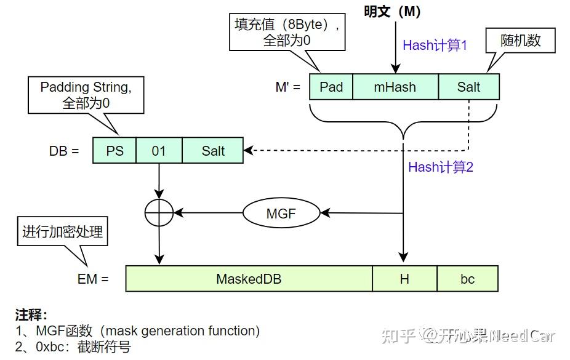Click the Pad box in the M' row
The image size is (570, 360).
tap(331, 87)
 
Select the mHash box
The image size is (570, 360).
tap(395, 87)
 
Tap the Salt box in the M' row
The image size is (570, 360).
tap(468, 87)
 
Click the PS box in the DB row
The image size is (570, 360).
tap(114, 151)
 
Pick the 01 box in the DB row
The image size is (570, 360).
tap(159, 151)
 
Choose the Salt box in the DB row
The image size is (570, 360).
tap(213, 151)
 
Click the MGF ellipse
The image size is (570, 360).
tap(281, 214)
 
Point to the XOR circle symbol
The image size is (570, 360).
tap(159, 214)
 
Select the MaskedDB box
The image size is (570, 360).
tap(249, 279)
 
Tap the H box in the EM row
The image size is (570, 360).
tap(404, 279)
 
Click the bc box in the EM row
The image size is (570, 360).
tap(468, 279)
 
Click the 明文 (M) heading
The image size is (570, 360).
tap(392, 12)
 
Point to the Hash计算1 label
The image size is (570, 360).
tap(435, 45)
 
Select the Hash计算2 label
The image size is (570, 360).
tap(441, 167)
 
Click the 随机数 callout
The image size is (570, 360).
tap(521, 40)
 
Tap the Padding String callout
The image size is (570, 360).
tap(86, 95)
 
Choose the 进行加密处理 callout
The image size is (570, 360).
tap(63, 232)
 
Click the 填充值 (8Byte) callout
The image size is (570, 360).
tap(287, 32)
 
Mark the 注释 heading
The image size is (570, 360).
tap(31, 315)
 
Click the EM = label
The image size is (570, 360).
tap(93, 279)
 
